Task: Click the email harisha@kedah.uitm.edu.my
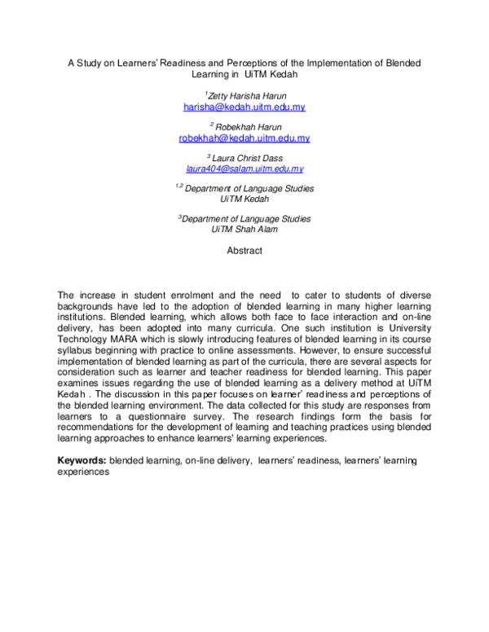point(244,107)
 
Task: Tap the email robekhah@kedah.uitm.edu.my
point(244,138)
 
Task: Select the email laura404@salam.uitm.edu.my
point(244,169)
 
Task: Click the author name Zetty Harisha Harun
point(247,95)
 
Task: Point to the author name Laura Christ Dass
point(247,157)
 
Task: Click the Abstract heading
point(244,251)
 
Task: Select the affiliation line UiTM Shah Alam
point(244,229)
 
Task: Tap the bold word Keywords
point(81,461)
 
